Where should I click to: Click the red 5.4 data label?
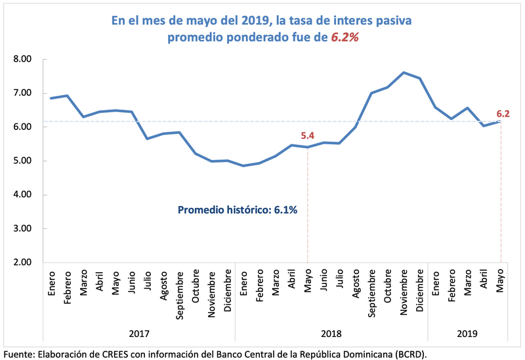(x=308, y=136)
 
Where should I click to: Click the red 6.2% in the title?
(x=343, y=38)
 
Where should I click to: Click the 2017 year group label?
(x=138, y=334)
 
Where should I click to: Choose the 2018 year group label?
(x=331, y=334)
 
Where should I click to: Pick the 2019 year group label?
(x=468, y=334)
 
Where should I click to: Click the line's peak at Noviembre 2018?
(x=404, y=73)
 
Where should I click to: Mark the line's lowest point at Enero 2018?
(x=243, y=166)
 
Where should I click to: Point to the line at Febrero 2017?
(x=67, y=96)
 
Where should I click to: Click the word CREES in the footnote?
(x=116, y=353)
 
